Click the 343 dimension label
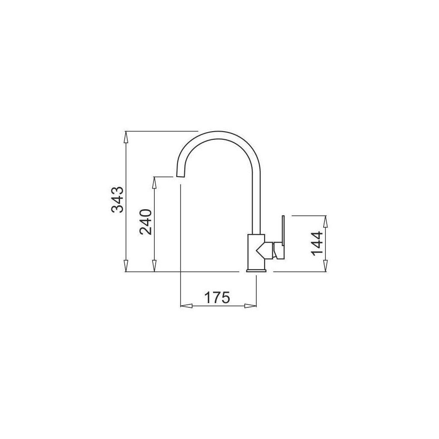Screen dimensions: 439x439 117,200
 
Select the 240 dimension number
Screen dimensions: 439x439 146,222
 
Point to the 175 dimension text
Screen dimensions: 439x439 216,297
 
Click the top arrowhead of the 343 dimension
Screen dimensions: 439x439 126,138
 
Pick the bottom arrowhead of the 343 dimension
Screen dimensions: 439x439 126,265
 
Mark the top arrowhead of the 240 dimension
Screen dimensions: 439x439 154,183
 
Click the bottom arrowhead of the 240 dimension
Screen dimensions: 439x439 154,265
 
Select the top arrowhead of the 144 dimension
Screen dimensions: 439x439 325,222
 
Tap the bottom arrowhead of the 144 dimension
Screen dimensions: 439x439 325,265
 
